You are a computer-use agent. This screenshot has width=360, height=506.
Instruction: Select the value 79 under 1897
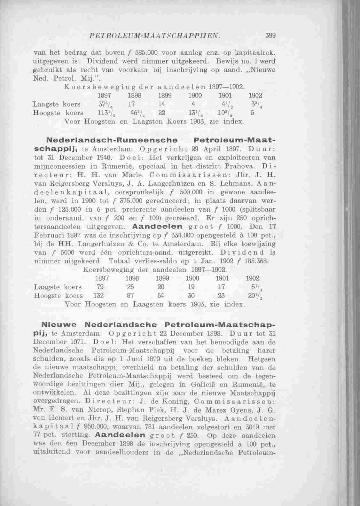click(x=100, y=287)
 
